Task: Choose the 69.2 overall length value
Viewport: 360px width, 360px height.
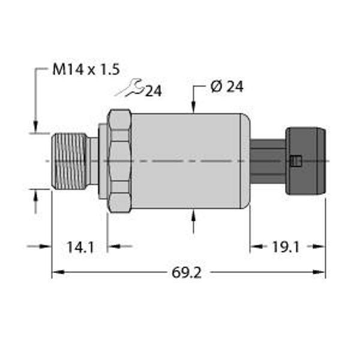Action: point(187,273)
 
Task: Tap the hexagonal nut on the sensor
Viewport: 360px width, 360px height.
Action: point(119,161)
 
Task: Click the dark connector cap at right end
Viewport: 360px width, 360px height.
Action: point(306,161)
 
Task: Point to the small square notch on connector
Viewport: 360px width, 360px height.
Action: point(293,161)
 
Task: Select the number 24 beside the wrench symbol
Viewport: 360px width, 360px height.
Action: point(154,91)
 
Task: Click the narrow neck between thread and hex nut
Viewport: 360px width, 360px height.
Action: point(92,161)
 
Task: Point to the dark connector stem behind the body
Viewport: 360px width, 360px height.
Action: point(268,161)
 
